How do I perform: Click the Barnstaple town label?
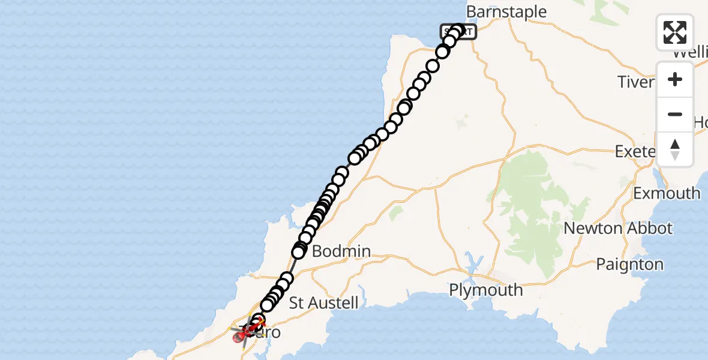[x=506, y=12]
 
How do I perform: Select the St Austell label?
[x=323, y=302]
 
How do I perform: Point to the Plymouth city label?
[x=486, y=290]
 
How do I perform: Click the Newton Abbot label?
[x=618, y=229]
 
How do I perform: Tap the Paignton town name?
[x=629, y=265]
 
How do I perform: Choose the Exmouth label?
[x=667, y=193]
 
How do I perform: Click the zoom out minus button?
[x=675, y=115]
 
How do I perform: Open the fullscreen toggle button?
[x=675, y=32]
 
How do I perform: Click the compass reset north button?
[x=675, y=149]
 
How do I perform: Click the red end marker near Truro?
[x=238, y=338]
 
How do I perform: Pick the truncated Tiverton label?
[x=636, y=82]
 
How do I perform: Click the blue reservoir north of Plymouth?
[x=473, y=262]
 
